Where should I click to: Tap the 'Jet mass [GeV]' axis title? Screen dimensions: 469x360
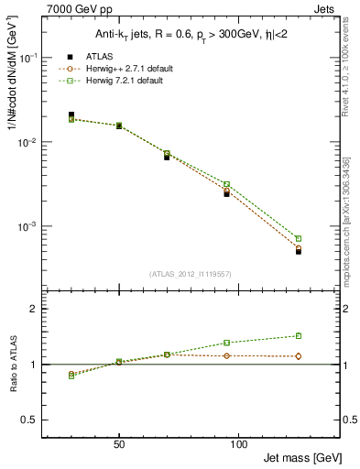[x=303, y=456]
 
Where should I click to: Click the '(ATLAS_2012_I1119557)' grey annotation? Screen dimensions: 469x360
[x=191, y=274]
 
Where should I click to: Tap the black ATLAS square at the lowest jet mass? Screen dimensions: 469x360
[x=71, y=115]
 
